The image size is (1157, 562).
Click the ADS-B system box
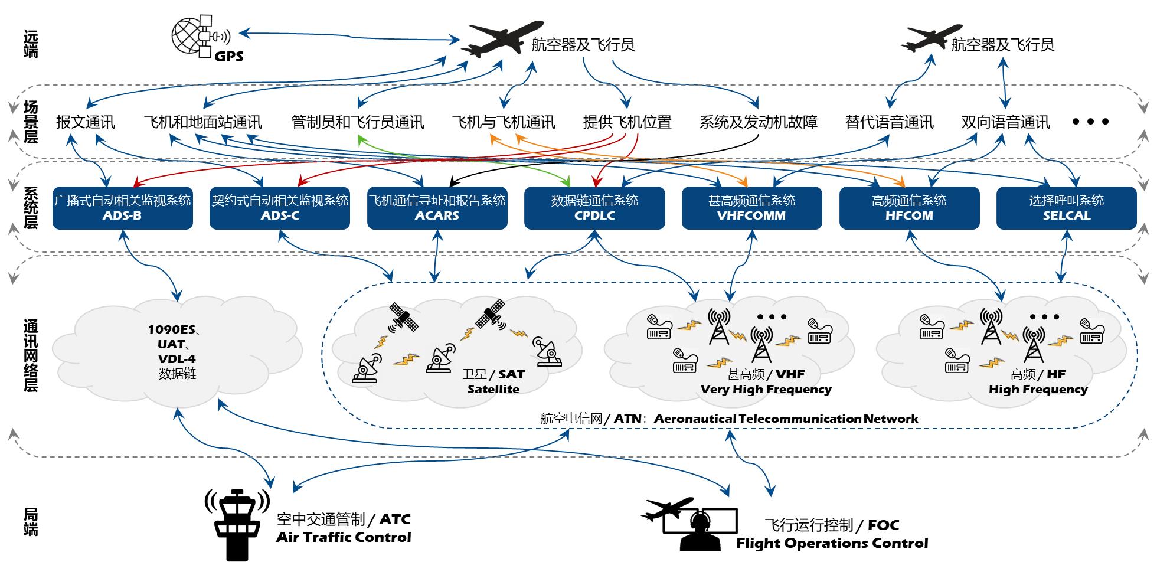point(123,208)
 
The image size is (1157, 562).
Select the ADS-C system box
point(280,208)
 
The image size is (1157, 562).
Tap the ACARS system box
point(437,208)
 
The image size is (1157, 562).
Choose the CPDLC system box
point(594,208)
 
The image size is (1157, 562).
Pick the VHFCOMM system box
point(751,208)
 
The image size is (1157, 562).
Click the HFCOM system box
point(909,208)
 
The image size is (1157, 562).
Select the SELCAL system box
point(1066,208)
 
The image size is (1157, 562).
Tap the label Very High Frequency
point(766,390)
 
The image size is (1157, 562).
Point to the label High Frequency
point(1038,390)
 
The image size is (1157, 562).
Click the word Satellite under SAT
point(493,390)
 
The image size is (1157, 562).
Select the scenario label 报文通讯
point(86,122)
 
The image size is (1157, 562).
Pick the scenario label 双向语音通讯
point(1005,122)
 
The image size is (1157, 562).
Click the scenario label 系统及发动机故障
point(759,122)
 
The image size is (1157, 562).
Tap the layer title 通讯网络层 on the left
point(31,356)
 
